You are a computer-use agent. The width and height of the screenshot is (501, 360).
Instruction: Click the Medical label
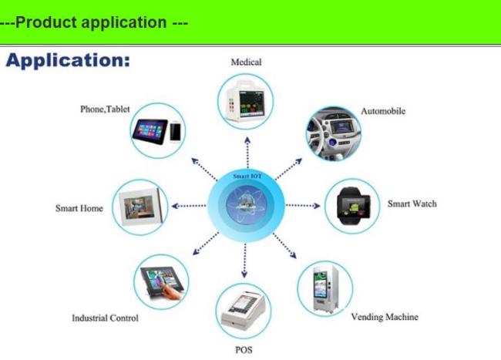coord(246,62)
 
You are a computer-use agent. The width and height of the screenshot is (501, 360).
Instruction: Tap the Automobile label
coord(383,111)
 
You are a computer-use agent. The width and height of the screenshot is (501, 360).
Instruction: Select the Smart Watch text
coord(412,204)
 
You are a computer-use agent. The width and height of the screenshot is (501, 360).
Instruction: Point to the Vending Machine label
coord(385,317)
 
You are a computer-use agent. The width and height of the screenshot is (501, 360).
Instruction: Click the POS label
coord(244,350)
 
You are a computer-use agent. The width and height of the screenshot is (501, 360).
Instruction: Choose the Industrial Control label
coord(105,318)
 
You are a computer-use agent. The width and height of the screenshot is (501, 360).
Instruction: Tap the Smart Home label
coord(79,208)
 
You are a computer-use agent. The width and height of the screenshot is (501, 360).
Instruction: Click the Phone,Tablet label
coord(105,109)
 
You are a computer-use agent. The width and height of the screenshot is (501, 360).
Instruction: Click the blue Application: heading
coord(68,61)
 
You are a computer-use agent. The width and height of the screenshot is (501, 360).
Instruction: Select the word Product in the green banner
coord(46,22)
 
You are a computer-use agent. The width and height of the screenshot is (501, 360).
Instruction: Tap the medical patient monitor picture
coord(245,101)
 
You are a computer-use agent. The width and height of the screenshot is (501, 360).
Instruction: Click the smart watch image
coord(353,206)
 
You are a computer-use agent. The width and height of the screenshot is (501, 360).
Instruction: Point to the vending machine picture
coord(325,289)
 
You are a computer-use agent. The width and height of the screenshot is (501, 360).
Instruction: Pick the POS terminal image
coord(244,311)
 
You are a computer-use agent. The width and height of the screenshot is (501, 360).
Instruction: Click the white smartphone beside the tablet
coord(175,131)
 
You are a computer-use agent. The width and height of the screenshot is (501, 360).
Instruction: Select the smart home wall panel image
coord(140,207)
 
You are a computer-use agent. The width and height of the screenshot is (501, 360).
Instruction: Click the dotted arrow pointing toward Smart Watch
coord(303,206)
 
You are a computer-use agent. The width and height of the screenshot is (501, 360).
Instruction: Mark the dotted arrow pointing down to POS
coord(245,261)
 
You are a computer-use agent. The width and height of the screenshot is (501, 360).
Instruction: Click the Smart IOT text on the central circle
coord(247,176)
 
